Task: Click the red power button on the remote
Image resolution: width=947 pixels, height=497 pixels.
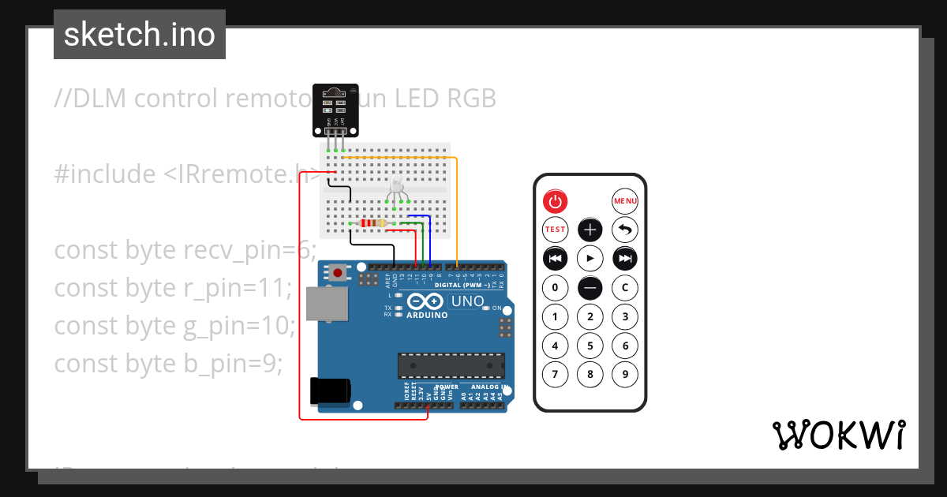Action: pyautogui.click(x=556, y=201)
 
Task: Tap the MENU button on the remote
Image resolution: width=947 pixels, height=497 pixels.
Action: pyautogui.click(x=625, y=201)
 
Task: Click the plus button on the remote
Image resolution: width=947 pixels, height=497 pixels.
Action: pyautogui.click(x=590, y=230)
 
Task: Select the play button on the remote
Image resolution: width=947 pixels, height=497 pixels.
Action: pyautogui.click(x=590, y=258)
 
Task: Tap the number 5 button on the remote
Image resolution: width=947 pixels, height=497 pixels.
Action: pyautogui.click(x=590, y=346)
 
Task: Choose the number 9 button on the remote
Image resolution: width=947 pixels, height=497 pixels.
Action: pyautogui.click(x=625, y=374)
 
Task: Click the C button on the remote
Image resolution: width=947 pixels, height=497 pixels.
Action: pyautogui.click(x=625, y=287)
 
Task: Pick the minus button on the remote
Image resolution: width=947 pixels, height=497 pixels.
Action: pyautogui.click(x=590, y=287)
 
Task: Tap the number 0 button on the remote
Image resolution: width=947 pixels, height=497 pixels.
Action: pyautogui.click(x=556, y=287)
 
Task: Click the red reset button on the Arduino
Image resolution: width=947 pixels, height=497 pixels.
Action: pyautogui.click(x=339, y=273)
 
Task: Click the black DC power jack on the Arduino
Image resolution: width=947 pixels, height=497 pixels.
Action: pyautogui.click(x=331, y=391)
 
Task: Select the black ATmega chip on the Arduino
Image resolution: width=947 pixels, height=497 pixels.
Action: pyautogui.click(x=451, y=366)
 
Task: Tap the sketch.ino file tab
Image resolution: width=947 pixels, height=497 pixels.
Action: pyautogui.click(x=140, y=35)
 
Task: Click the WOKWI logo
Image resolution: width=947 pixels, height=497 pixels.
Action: pyautogui.click(x=838, y=435)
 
